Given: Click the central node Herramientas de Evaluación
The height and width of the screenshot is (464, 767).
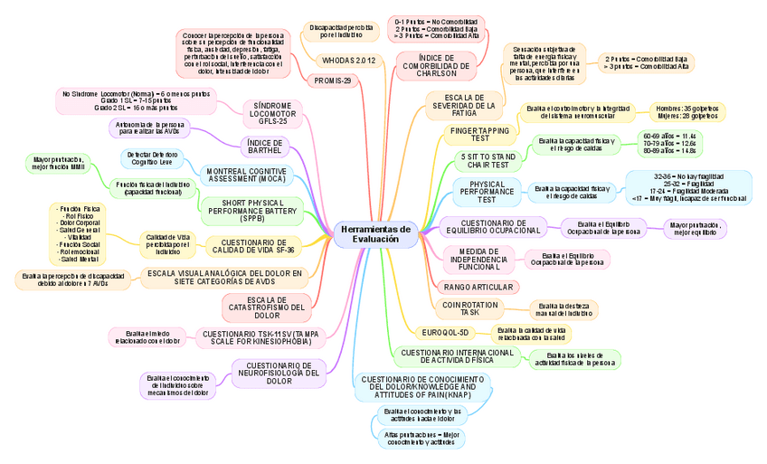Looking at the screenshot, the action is pos(375,233).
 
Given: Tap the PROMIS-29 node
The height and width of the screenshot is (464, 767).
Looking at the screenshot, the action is pos(333,80).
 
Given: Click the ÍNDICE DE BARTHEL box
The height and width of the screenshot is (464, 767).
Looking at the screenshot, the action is pos(264,147).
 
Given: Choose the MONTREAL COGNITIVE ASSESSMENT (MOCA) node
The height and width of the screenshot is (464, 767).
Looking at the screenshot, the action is pos(246,175).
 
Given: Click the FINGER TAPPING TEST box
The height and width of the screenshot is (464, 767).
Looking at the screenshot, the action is pos(480,135).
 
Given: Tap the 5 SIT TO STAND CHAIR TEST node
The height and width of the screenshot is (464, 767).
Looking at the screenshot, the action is pos(487,162).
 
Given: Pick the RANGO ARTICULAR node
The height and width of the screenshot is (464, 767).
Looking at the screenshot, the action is pos(478,287).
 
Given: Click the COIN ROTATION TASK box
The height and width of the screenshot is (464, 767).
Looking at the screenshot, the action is pos(471,308).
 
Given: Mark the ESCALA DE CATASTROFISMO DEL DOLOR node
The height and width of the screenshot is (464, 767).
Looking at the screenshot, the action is pos(267,308).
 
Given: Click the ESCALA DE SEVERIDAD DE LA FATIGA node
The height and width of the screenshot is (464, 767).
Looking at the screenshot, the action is pos(464,104).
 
